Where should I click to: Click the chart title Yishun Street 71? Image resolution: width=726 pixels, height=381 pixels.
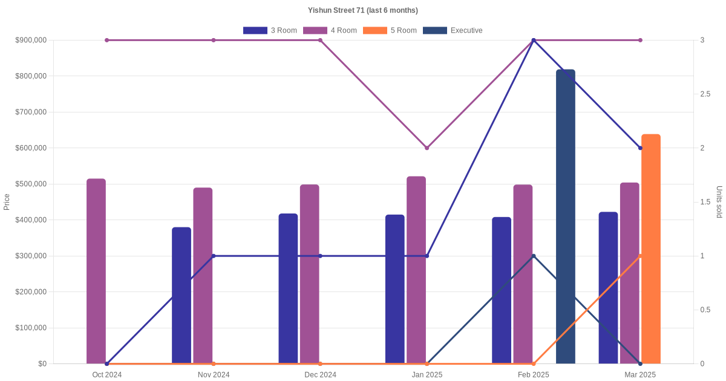tap(362, 10)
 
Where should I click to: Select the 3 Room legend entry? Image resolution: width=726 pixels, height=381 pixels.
tap(270, 30)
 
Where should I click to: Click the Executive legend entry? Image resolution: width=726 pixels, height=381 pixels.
tap(453, 30)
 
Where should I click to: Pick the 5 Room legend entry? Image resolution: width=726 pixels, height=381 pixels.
tap(390, 30)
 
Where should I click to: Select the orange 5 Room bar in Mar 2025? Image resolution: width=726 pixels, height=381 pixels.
tap(651, 249)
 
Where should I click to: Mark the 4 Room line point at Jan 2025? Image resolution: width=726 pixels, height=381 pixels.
tap(427, 148)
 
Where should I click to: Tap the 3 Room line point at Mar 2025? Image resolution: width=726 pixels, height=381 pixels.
tap(640, 148)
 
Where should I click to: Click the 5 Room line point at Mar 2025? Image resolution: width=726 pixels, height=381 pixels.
tap(640, 256)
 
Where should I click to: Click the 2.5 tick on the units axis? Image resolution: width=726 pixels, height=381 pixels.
tap(705, 94)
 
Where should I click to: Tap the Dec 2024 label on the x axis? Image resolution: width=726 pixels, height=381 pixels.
tap(320, 375)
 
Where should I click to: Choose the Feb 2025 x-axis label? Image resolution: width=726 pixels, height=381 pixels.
tap(534, 375)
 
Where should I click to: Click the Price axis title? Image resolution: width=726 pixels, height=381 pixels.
tap(7, 201)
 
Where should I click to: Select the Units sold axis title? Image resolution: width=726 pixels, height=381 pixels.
tap(719, 201)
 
